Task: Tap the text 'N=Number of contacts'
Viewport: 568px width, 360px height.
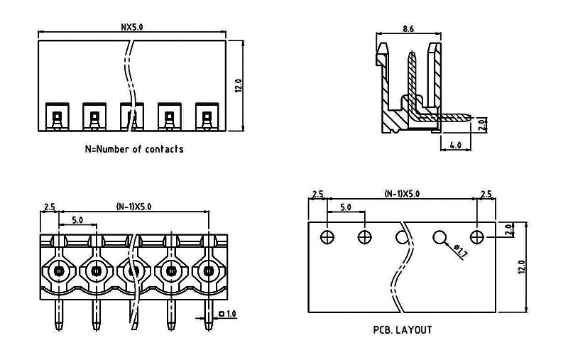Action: [x=134, y=149]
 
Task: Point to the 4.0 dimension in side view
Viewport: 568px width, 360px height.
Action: [x=455, y=144]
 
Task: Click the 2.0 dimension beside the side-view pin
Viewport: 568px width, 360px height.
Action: [x=481, y=125]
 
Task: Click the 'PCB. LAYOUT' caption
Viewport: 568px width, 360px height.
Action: [x=402, y=329]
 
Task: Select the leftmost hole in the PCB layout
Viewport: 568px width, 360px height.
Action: [x=327, y=236]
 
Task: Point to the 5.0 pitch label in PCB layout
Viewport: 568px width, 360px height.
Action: [x=346, y=207]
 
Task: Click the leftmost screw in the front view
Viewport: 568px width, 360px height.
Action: [x=58, y=270]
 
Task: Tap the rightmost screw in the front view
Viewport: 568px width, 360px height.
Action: [x=207, y=270]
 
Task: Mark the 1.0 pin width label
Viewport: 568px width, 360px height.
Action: [x=231, y=313]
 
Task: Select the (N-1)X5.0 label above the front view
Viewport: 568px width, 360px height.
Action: [x=133, y=207]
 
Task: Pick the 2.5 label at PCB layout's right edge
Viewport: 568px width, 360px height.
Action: [x=486, y=194]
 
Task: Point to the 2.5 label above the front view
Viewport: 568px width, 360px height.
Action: [x=49, y=207]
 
